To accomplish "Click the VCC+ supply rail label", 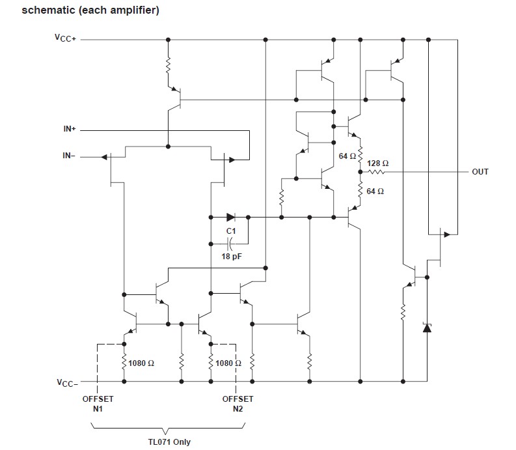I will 66,38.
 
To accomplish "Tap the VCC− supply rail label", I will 66,382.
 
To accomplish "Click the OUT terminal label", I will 480,172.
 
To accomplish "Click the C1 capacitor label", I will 231,231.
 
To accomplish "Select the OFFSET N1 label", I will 97,404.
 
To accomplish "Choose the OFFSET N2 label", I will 238,404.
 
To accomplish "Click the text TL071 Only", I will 169,442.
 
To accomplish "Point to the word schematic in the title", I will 46,10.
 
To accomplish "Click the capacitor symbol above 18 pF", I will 230,244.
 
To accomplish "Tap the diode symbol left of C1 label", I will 231,217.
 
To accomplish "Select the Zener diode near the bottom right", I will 427,328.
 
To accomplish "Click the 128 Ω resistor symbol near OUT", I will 377,172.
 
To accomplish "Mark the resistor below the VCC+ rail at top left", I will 168,66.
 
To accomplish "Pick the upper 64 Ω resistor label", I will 347,156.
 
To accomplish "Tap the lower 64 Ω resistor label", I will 375,191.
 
